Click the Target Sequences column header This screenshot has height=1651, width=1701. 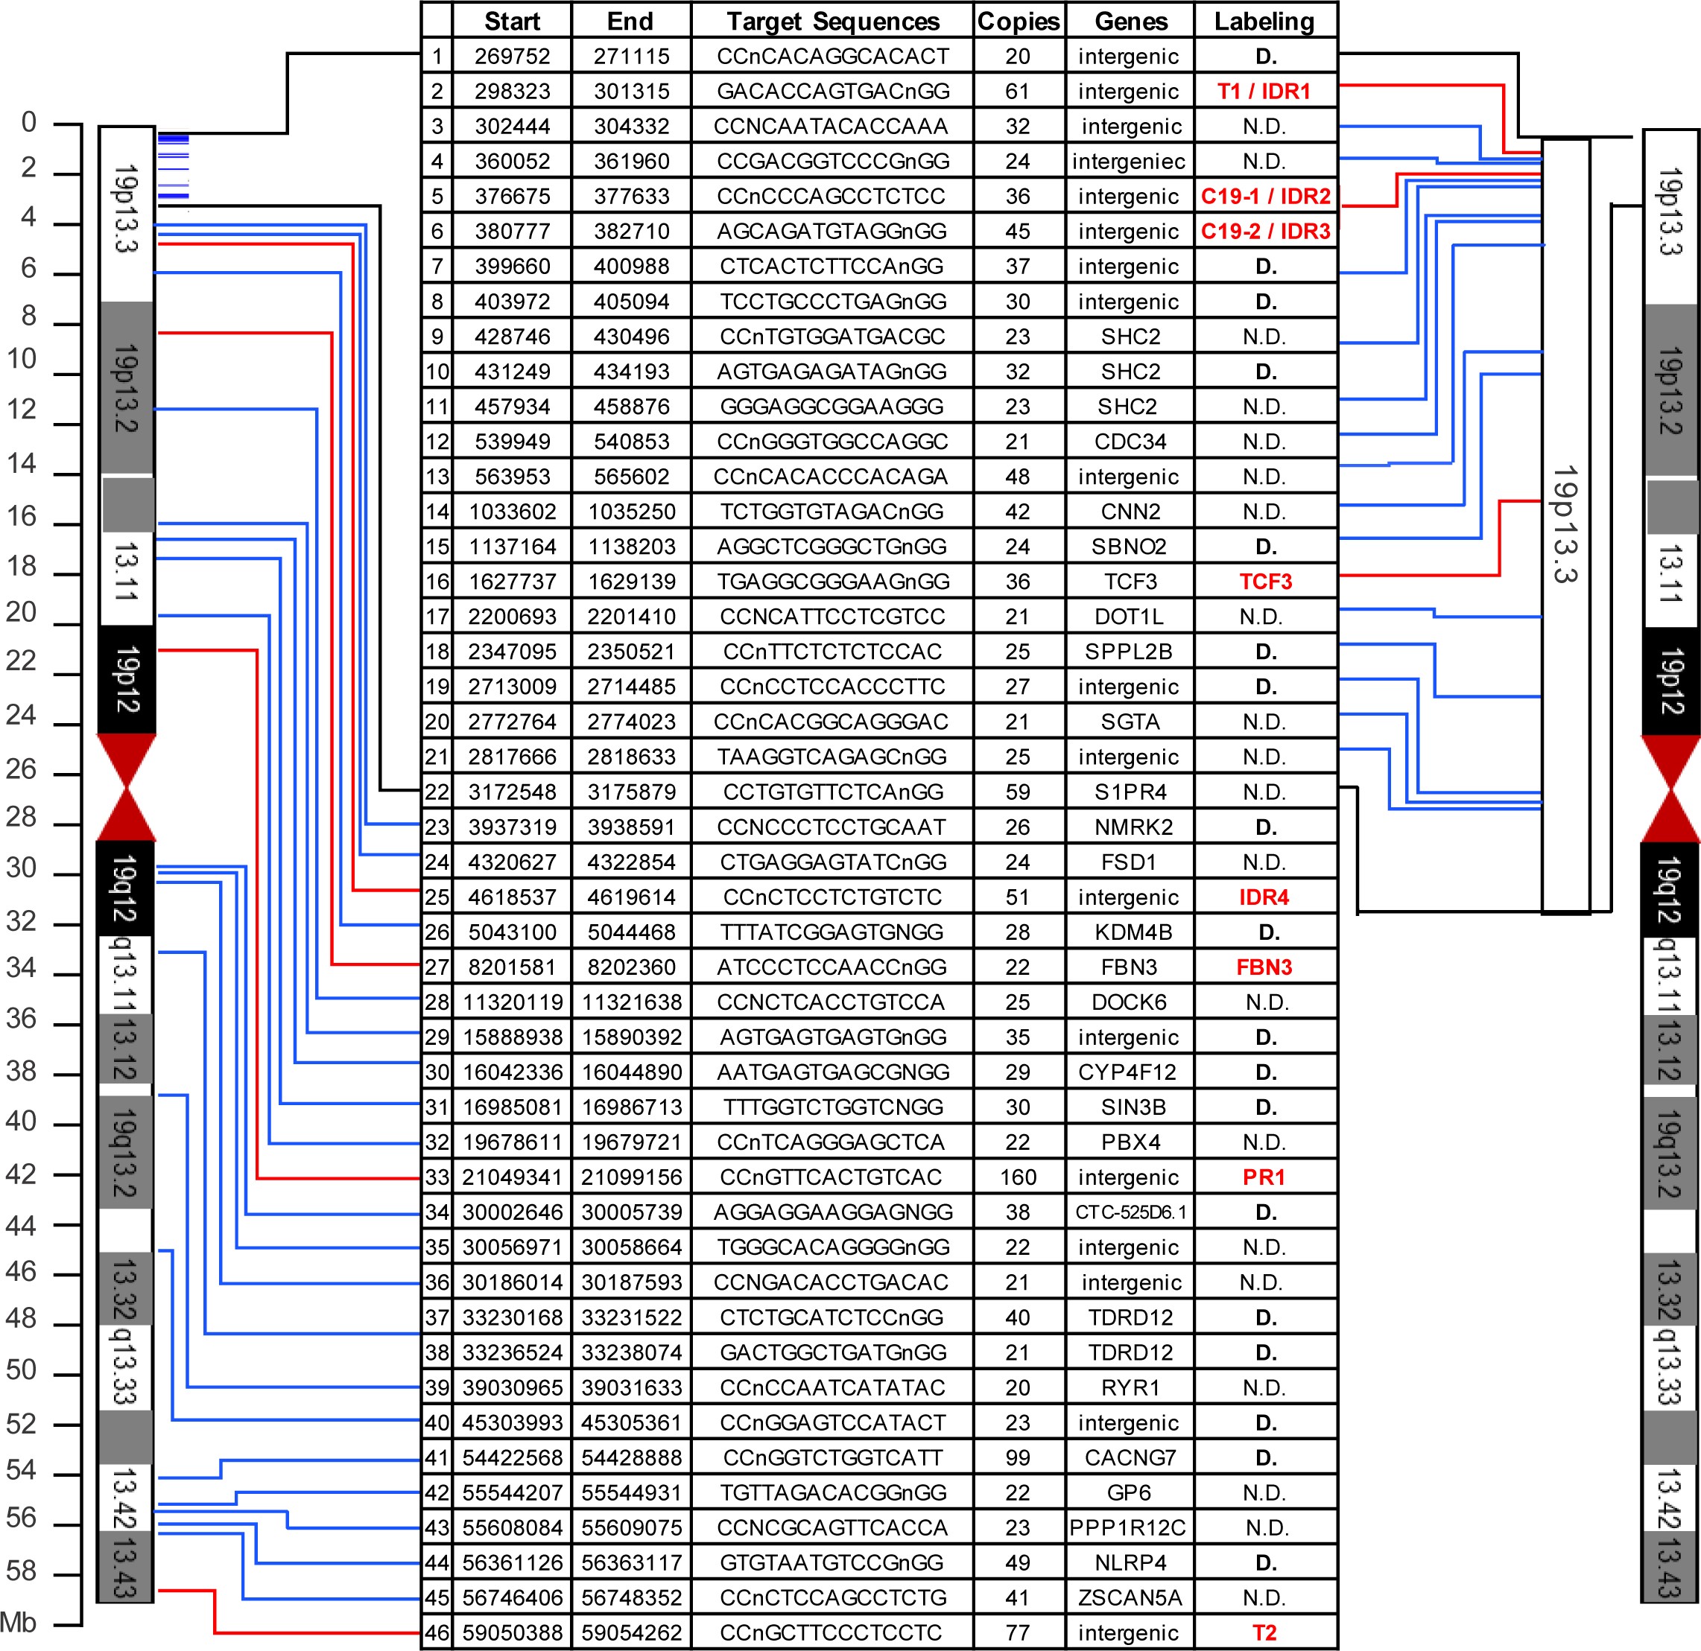pyautogui.click(x=832, y=21)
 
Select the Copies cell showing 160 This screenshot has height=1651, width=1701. pyautogui.click(x=1017, y=1177)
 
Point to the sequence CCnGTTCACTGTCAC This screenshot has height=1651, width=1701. pyautogui.click(x=832, y=1177)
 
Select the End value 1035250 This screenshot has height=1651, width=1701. pyautogui.click(x=631, y=511)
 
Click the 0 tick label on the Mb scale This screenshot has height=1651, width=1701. pyautogui.click(x=28, y=122)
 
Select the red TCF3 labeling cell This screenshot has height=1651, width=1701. pyautogui.click(x=1264, y=582)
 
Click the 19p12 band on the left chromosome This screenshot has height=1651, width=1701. pyautogui.click(x=127, y=679)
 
